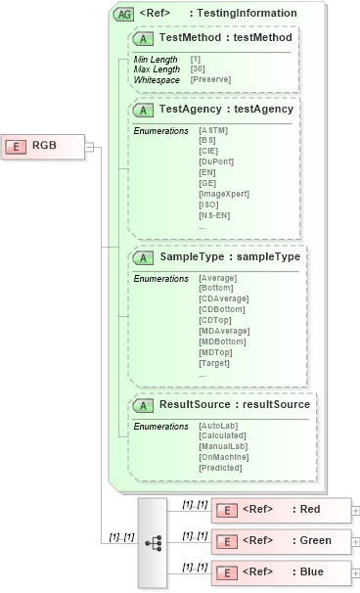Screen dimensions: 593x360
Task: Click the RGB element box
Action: coord(43,146)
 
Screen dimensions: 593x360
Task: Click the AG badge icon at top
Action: coord(124,14)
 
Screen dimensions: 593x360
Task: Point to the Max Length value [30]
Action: coord(197,68)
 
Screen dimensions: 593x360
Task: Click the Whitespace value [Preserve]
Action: coord(210,78)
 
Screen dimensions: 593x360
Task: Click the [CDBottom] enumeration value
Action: coord(217,306)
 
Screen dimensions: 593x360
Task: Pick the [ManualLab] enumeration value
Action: coord(220,446)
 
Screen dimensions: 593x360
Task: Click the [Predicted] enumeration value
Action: coord(219,467)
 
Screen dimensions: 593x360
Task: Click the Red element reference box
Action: coord(281,510)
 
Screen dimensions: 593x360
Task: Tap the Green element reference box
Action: coord(281,540)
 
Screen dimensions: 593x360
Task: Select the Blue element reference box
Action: coord(281,570)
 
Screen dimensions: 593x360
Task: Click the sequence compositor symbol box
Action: coord(153,540)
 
